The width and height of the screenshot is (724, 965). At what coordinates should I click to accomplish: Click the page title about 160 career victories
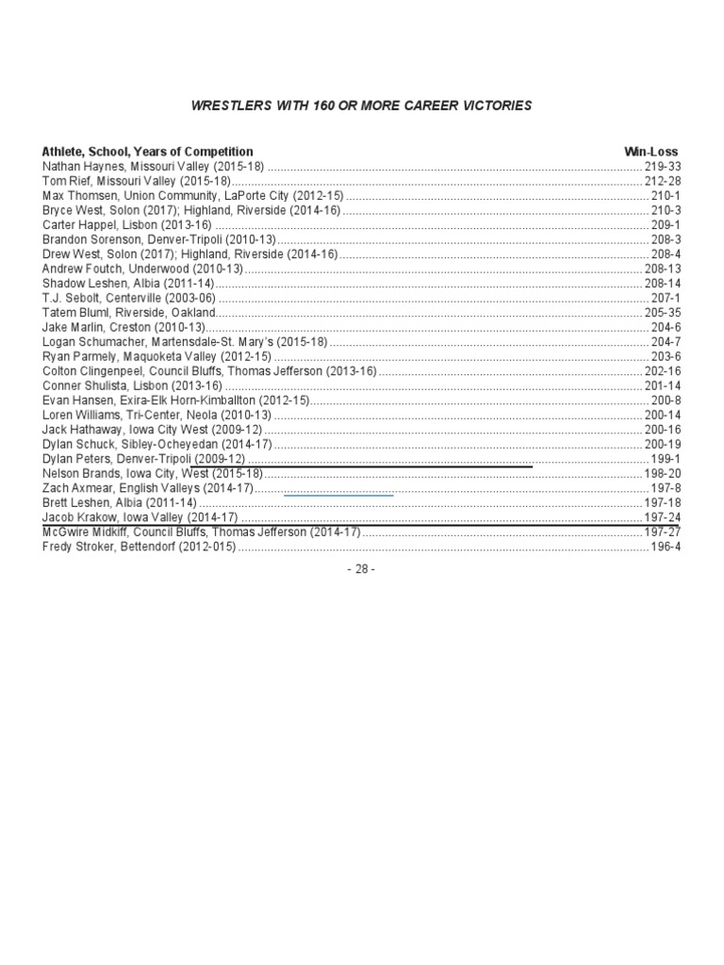click(362, 106)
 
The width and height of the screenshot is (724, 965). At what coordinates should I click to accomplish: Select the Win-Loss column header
click(650, 151)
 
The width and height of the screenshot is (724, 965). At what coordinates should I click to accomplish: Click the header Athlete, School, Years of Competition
click(147, 151)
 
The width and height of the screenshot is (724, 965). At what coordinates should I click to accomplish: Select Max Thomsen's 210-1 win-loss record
click(666, 195)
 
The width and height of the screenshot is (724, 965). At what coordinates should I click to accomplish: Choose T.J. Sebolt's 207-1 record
click(666, 298)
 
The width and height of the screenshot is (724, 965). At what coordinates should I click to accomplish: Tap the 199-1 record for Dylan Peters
click(666, 458)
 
